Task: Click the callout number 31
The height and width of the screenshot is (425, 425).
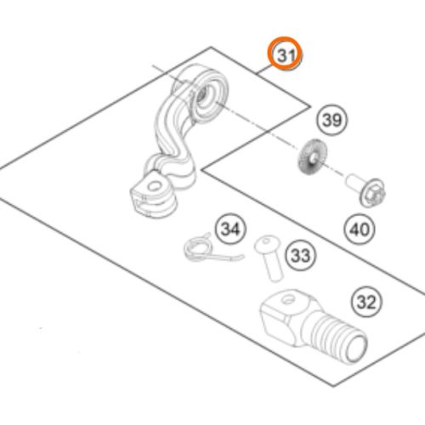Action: click(x=286, y=55)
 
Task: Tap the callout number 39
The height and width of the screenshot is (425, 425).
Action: click(x=332, y=120)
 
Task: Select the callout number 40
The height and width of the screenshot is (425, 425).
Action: click(x=360, y=229)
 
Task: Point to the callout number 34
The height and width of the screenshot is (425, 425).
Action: click(x=230, y=229)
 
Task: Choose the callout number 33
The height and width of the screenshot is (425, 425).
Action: click(x=301, y=255)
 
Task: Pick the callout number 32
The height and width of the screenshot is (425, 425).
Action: click(x=366, y=303)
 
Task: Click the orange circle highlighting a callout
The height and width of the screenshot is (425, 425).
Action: click(x=286, y=54)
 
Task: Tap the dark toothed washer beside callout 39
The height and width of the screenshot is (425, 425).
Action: click(x=312, y=156)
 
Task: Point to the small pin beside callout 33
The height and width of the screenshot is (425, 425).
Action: click(x=269, y=258)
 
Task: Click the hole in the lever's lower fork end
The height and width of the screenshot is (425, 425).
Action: click(x=155, y=186)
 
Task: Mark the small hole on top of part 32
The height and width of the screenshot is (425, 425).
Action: click(x=288, y=300)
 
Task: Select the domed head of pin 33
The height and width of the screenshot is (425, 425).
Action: click(x=267, y=244)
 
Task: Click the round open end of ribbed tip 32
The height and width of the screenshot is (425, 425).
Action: click(x=356, y=346)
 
